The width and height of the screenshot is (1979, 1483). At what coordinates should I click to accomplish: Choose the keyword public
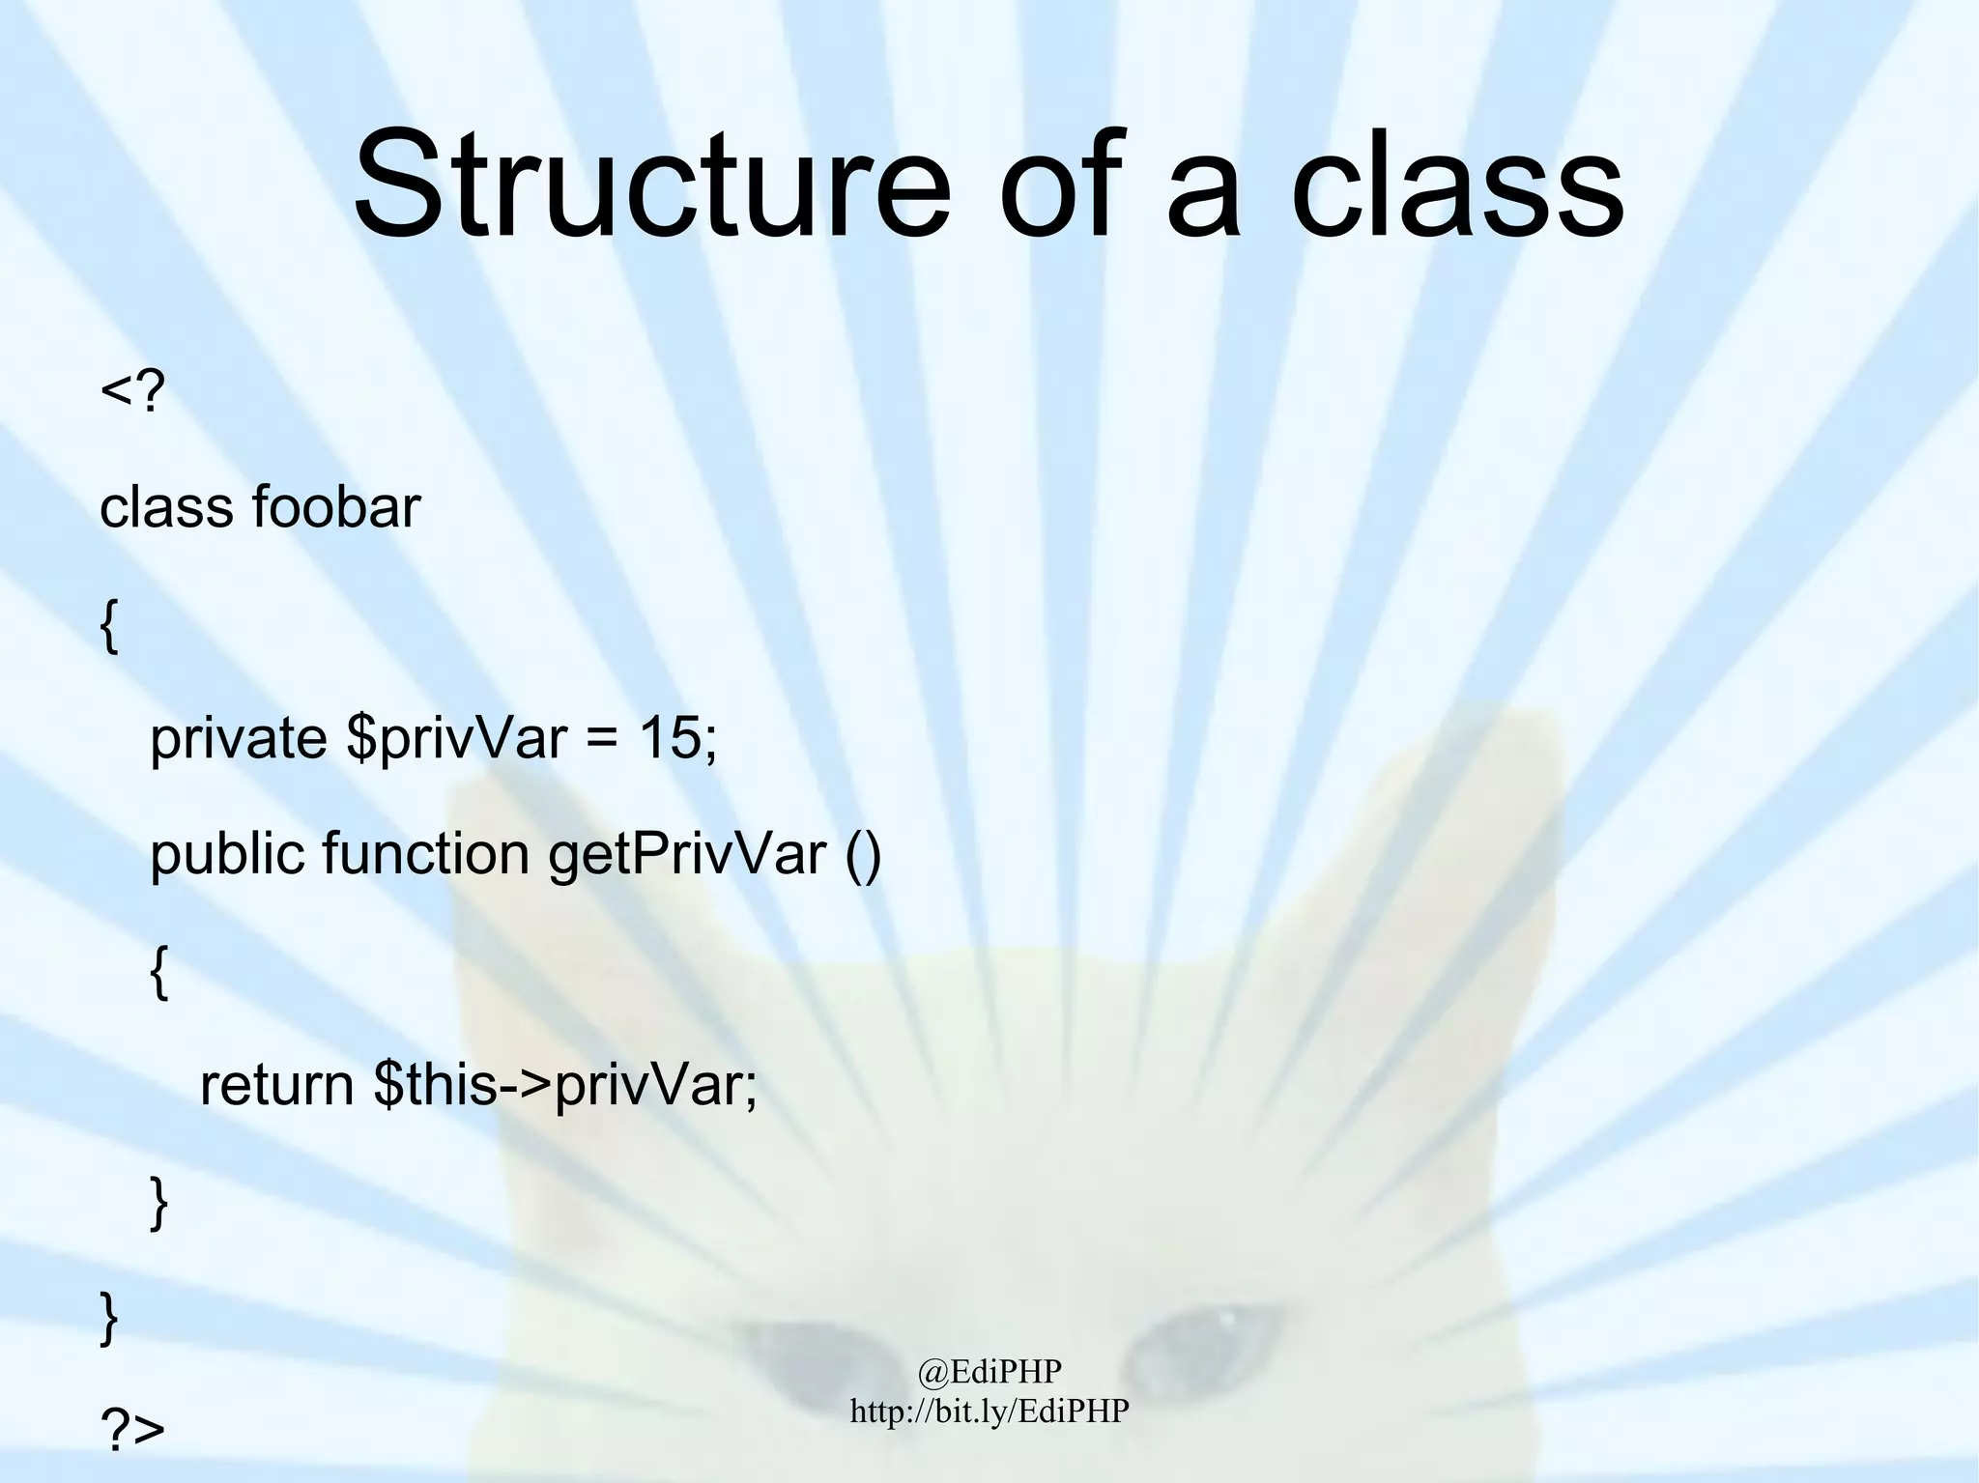[x=226, y=855]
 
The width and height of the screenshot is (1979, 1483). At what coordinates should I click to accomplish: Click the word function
[x=425, y=855]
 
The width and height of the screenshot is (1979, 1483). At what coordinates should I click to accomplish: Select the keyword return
[x=276, y=1086]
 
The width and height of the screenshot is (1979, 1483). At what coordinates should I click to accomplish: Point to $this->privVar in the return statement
[x=565, y=1086]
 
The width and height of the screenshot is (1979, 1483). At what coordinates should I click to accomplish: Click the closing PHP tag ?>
[x=132, y=1430]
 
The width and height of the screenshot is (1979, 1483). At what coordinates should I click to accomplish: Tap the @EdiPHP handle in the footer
[x=989, y=1371]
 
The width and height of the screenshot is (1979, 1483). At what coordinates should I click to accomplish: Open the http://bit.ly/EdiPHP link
[x=989, y=1411]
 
